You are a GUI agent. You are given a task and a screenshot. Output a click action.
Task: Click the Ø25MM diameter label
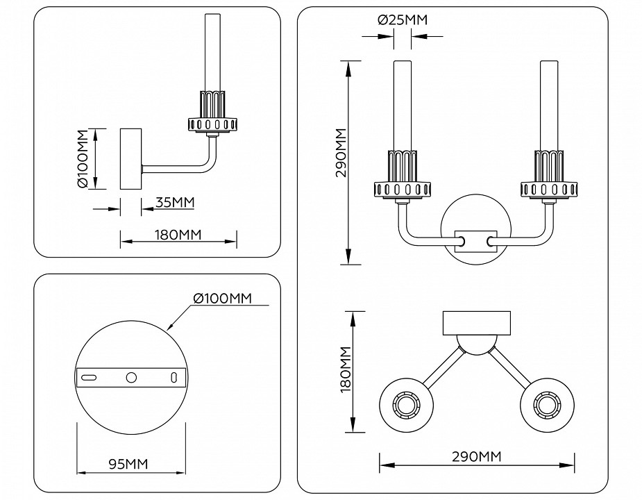tap(403, 20)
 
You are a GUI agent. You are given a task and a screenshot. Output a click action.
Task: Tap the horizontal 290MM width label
tap(476, 457)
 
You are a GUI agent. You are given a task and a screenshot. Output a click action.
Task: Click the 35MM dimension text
tap(174, 203)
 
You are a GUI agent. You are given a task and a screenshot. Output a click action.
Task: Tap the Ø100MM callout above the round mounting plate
tap(220, 299)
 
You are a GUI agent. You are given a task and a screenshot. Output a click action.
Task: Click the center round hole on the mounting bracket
tap(130, 377)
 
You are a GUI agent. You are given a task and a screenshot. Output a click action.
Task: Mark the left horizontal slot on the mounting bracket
tap(89, 377)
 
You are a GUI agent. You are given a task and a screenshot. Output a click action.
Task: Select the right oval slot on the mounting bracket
tap(174, 377)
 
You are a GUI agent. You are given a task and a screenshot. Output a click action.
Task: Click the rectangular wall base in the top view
tap(477, 322)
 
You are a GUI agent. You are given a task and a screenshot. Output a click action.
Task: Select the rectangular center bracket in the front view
tap(476, 242)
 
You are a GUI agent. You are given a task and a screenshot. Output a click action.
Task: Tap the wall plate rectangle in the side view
tap(131, 159)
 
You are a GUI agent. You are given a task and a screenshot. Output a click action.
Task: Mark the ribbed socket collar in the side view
tap(213, 112)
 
